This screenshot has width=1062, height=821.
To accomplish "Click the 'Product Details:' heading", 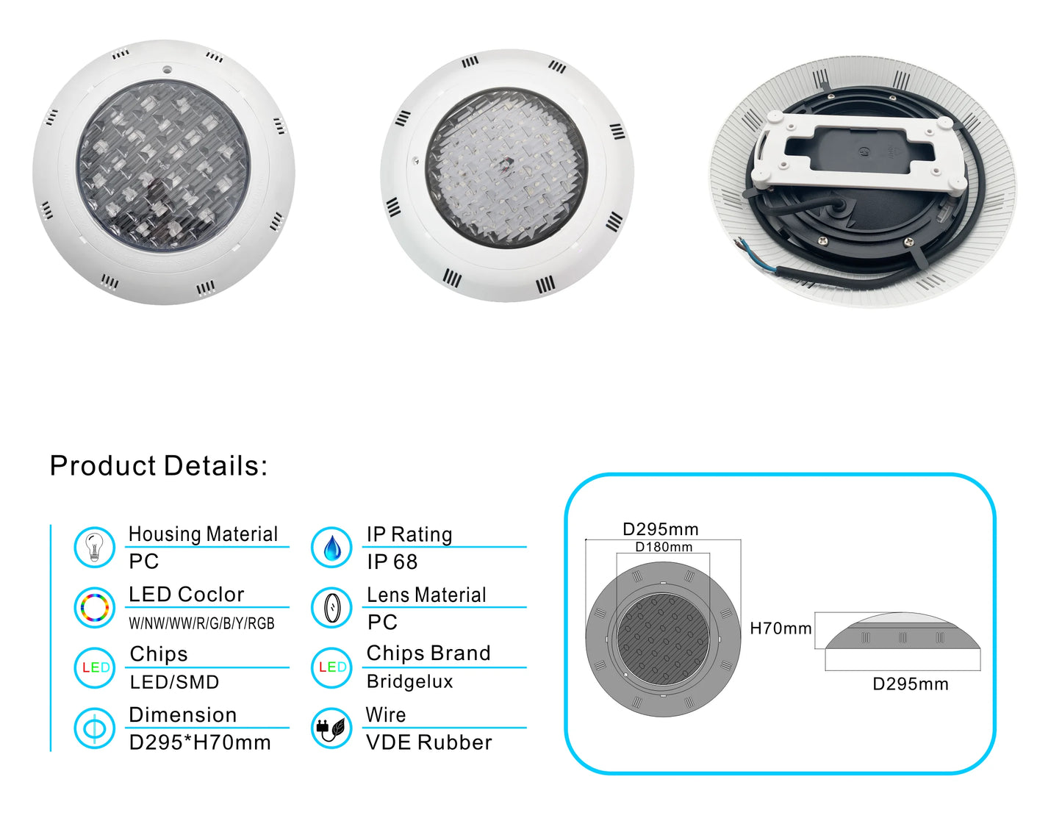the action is tap(159, 465).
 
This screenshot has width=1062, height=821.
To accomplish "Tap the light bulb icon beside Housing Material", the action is tap(94, 547).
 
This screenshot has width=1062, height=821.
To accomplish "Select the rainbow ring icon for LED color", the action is tap(94, 607).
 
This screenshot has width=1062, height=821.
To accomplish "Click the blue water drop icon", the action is tap(331, 547).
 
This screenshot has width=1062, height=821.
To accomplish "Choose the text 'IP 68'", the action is tap(392, 562).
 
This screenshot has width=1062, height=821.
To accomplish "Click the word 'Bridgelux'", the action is tap(409, 681).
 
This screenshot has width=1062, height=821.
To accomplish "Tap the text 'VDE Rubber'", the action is tap(429, 742).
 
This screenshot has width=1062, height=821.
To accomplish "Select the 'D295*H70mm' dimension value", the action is tap(200, 742).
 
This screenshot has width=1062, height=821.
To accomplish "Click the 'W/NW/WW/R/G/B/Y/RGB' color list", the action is tap(202, 623).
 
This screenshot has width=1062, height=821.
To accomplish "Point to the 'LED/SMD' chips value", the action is tap(174, 682).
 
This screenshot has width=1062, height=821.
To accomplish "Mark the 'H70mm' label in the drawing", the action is tap(781, 628).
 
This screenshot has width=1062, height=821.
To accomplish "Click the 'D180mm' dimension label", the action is tap(664, 547).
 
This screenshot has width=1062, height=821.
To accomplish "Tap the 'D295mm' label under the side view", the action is tap(911, 684).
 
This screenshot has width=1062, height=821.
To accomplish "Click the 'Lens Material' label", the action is tap(426, 595).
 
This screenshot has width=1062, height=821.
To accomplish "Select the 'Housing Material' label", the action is tap(203, 534).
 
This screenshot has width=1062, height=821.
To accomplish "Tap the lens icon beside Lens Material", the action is tap(331, 607).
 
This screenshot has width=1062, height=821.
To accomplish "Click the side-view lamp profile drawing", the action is tap(903, 631).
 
